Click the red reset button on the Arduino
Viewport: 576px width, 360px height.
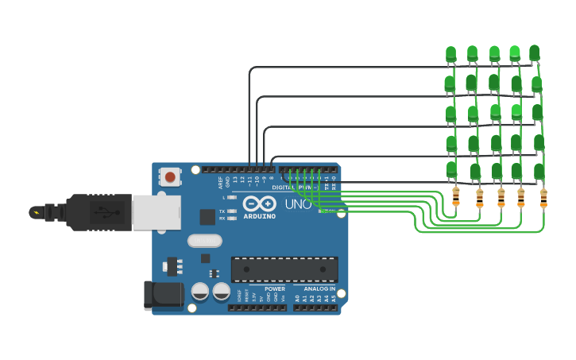coord(169,176)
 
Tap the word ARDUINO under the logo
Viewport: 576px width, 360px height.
coord(260,216)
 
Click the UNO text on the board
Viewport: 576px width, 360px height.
coord(298,204)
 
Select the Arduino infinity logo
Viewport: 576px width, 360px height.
coord(259,203)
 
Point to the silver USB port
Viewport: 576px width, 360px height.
coord(156,212)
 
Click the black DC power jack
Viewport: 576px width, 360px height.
coord(162,296)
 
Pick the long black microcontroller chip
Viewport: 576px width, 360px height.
coord(284,269)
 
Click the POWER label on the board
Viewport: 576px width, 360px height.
coord(275,288)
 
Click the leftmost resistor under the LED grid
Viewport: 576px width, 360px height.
coord(455,196)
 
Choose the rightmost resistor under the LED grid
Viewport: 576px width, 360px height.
coord(543,198)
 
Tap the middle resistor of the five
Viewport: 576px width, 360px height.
coord(501,197)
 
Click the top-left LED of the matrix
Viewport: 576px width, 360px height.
coord(450,54)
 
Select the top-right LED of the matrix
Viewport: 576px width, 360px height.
coord(534,52)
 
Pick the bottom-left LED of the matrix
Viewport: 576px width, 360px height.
coord(451,169)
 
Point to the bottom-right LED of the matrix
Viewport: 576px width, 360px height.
coord(539,171)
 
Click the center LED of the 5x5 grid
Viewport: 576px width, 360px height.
coord(495,111)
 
